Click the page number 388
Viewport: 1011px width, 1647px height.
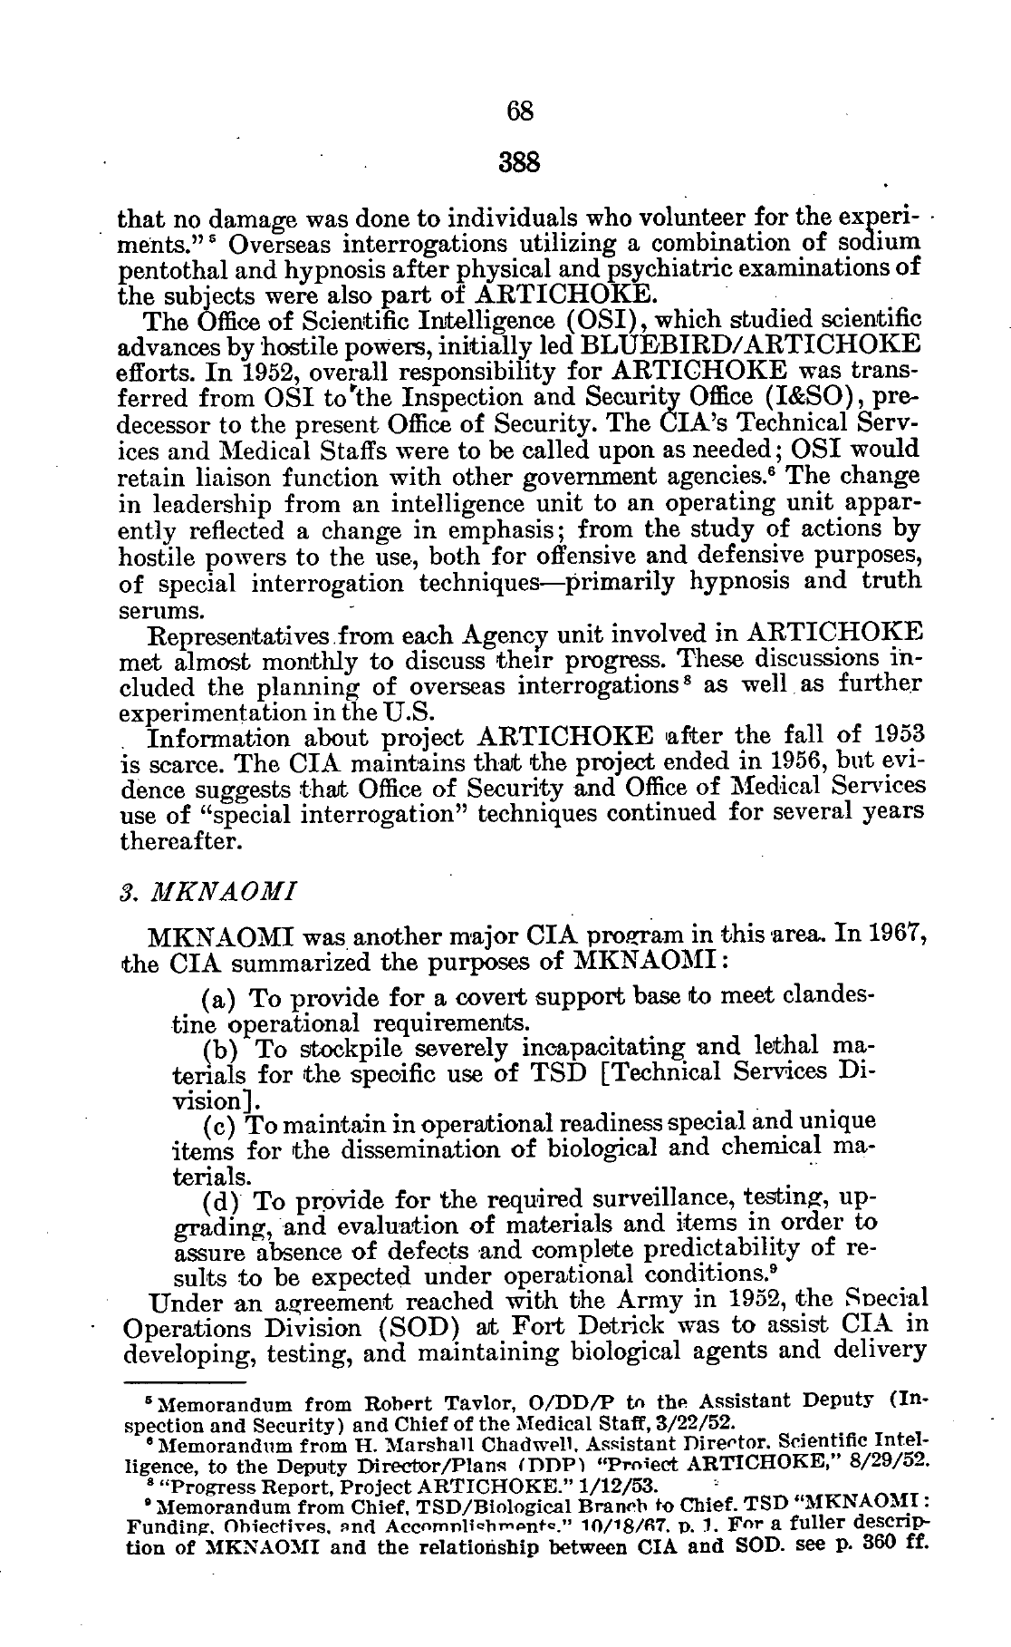coord(519,163)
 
